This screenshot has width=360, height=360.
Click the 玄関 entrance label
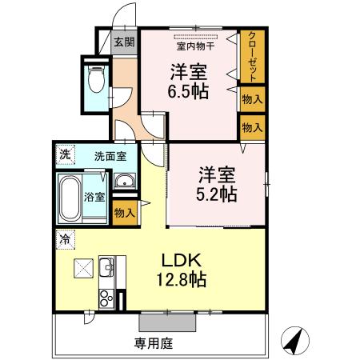point(123,42)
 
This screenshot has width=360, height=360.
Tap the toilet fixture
point(95,78)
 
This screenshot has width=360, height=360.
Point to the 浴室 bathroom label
point(94,195)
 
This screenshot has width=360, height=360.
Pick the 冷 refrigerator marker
point(62,238)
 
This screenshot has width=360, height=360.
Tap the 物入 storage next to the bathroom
point(123,214)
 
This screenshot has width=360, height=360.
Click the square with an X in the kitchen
point(82,268)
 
